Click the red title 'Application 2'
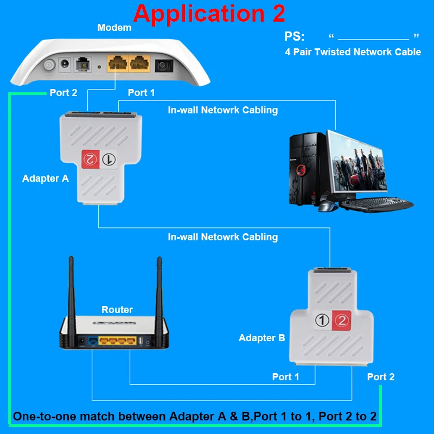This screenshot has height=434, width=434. tap(209, 13)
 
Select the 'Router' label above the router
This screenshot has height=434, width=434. tap(117, 310)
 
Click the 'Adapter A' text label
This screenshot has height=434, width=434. tap(46, 178)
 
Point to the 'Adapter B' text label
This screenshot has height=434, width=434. tap(261, 338)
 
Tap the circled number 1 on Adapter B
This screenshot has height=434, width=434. tap(323, 321)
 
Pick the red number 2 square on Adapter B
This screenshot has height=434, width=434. tap(341, 321)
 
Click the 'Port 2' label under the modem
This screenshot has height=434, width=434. tap(63, 93)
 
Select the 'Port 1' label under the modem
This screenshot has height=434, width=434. tap(141, 93)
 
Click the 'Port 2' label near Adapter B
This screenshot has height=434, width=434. tap(381, 377)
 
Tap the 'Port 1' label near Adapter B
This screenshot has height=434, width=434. tap(285, 377)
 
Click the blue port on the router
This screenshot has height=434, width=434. tap(93, 341)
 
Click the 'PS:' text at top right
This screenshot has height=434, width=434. tap(295, 37)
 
